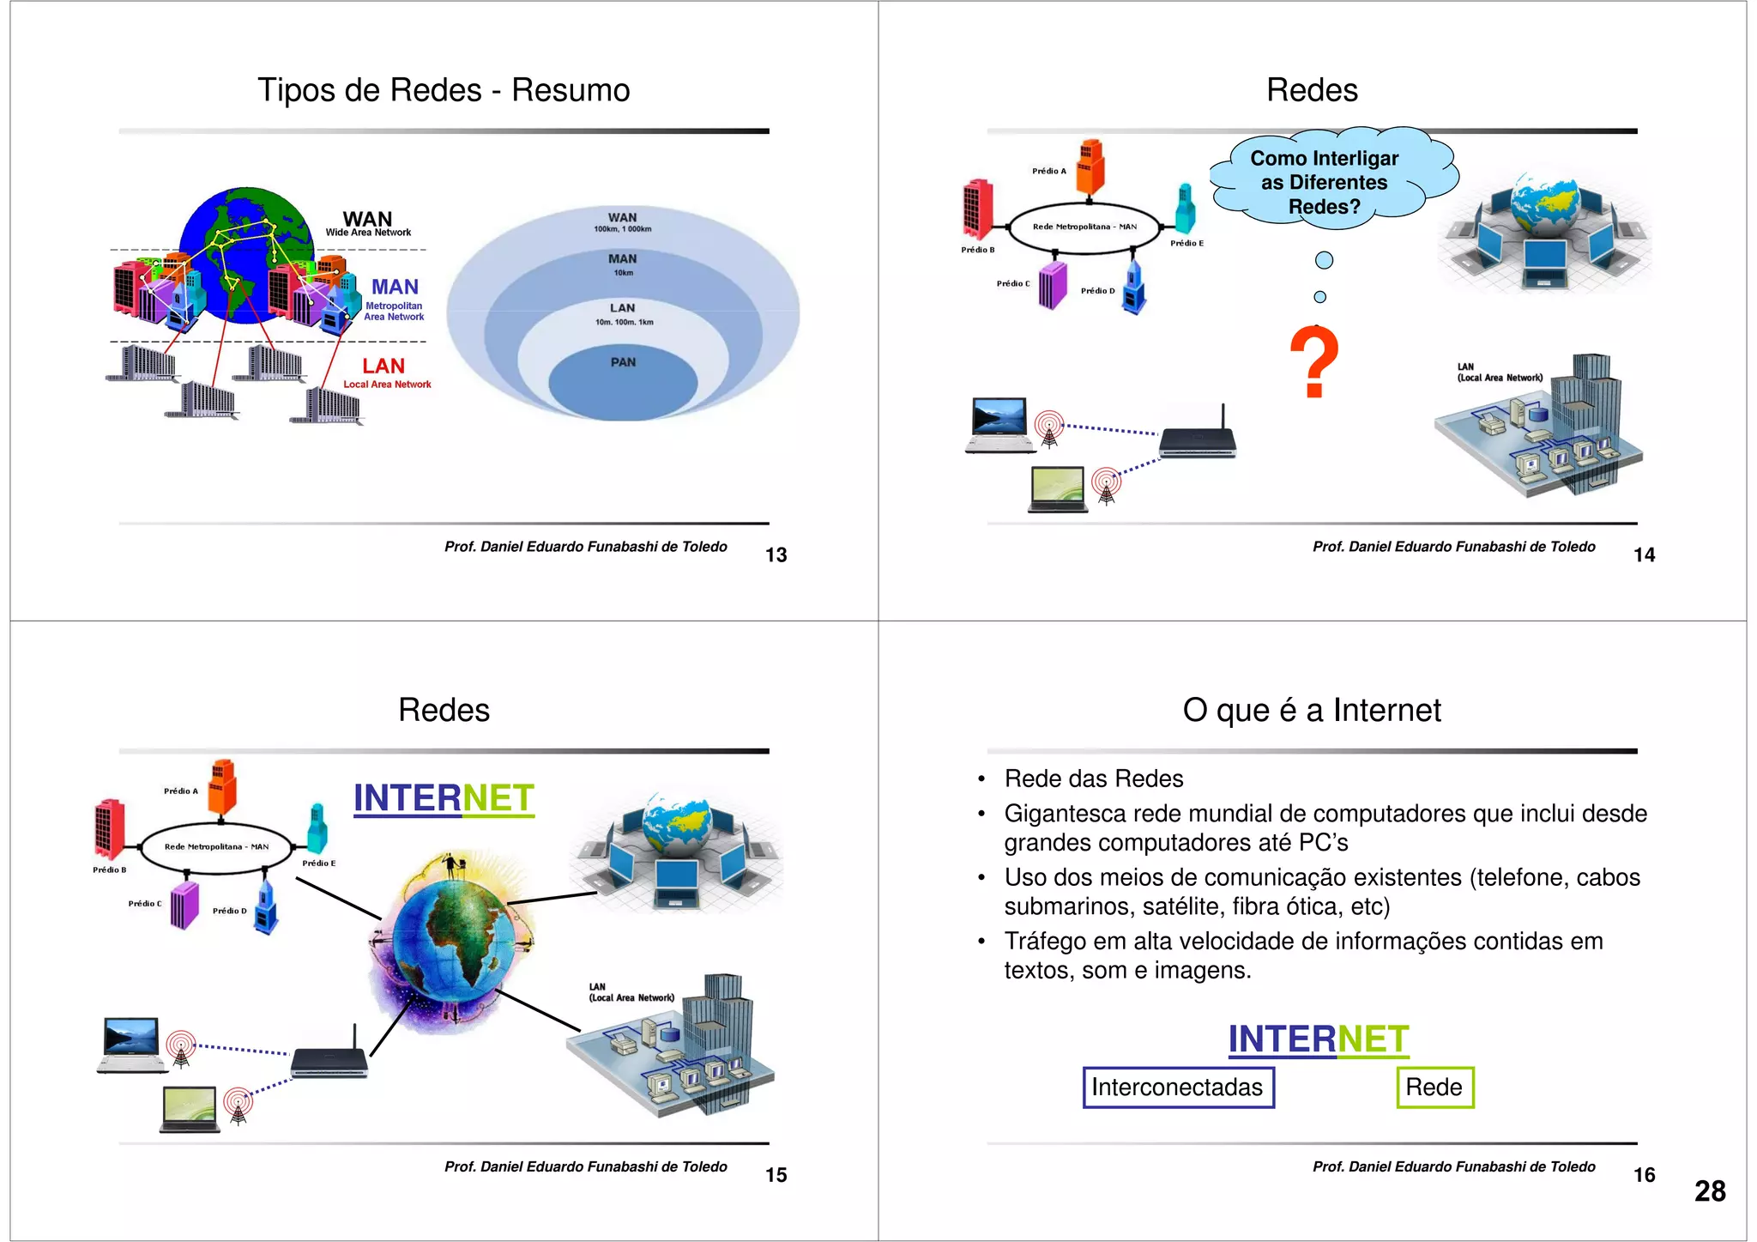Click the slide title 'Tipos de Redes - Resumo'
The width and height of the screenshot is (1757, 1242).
[x=444, y=90]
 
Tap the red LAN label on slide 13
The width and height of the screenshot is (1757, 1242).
[x=383, y=367]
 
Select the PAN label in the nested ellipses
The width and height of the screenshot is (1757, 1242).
[x=623, y=362]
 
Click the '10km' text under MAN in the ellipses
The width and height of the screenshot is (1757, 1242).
[x=623, y=273]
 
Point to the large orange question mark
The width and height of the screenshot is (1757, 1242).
[x=1313, y=363]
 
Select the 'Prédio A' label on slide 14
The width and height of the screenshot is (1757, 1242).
[x=1048, y=171]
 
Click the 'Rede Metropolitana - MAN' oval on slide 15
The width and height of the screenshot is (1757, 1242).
[x=216, y=847]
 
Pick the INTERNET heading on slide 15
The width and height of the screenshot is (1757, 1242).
[x=444, y=798]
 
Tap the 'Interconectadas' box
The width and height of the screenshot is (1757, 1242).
[x=1177, y=1088]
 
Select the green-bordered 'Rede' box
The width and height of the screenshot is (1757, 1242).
[x=1434, y=1088]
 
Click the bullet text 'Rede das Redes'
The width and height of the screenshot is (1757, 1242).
[x=1094, y=779]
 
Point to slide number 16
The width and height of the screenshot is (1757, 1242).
[x=1644, y=1175]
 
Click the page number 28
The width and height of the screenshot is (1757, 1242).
[x=1709, y=1191]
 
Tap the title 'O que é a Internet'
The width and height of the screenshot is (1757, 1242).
[x=1312, y=710]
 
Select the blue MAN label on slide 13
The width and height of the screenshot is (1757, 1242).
[x=395, y=287]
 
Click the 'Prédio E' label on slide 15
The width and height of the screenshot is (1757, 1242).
[x=318, y=863]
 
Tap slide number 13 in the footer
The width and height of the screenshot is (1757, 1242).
[x=776, y=555]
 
